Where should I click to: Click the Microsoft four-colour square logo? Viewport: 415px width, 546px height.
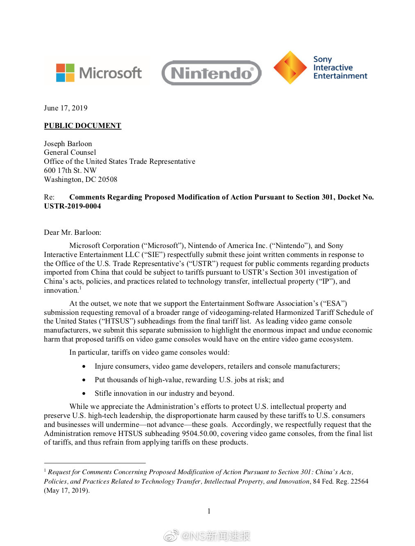(x=65, y=73)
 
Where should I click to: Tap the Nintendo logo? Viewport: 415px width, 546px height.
(x=211, y=73)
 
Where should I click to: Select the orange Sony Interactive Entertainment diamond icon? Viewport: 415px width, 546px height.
(x=290, y=68)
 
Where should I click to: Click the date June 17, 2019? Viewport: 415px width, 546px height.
(x=66, y=108)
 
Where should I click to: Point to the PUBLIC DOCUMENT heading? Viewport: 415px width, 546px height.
(x=82, y=126)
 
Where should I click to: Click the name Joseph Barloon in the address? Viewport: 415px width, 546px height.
(x=68, y=144)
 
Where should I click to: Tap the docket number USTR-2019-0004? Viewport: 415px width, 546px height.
(x=73, y=206)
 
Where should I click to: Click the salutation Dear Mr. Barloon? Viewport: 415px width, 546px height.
(x=73, y=232)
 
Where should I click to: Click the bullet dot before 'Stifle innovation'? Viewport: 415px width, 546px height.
(x=84, y=393)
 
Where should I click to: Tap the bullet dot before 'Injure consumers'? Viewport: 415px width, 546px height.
(x=84, y=366)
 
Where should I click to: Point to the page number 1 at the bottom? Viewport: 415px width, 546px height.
(x=209, y=511)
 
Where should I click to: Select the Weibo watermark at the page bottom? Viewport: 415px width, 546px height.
(x=207, y=536)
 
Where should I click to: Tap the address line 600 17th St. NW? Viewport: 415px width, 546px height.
(x=70, y=170)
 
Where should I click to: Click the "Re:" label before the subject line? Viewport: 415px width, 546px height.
(x=49, y=197)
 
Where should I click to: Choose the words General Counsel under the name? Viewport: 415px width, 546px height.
(x=70, y=152)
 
